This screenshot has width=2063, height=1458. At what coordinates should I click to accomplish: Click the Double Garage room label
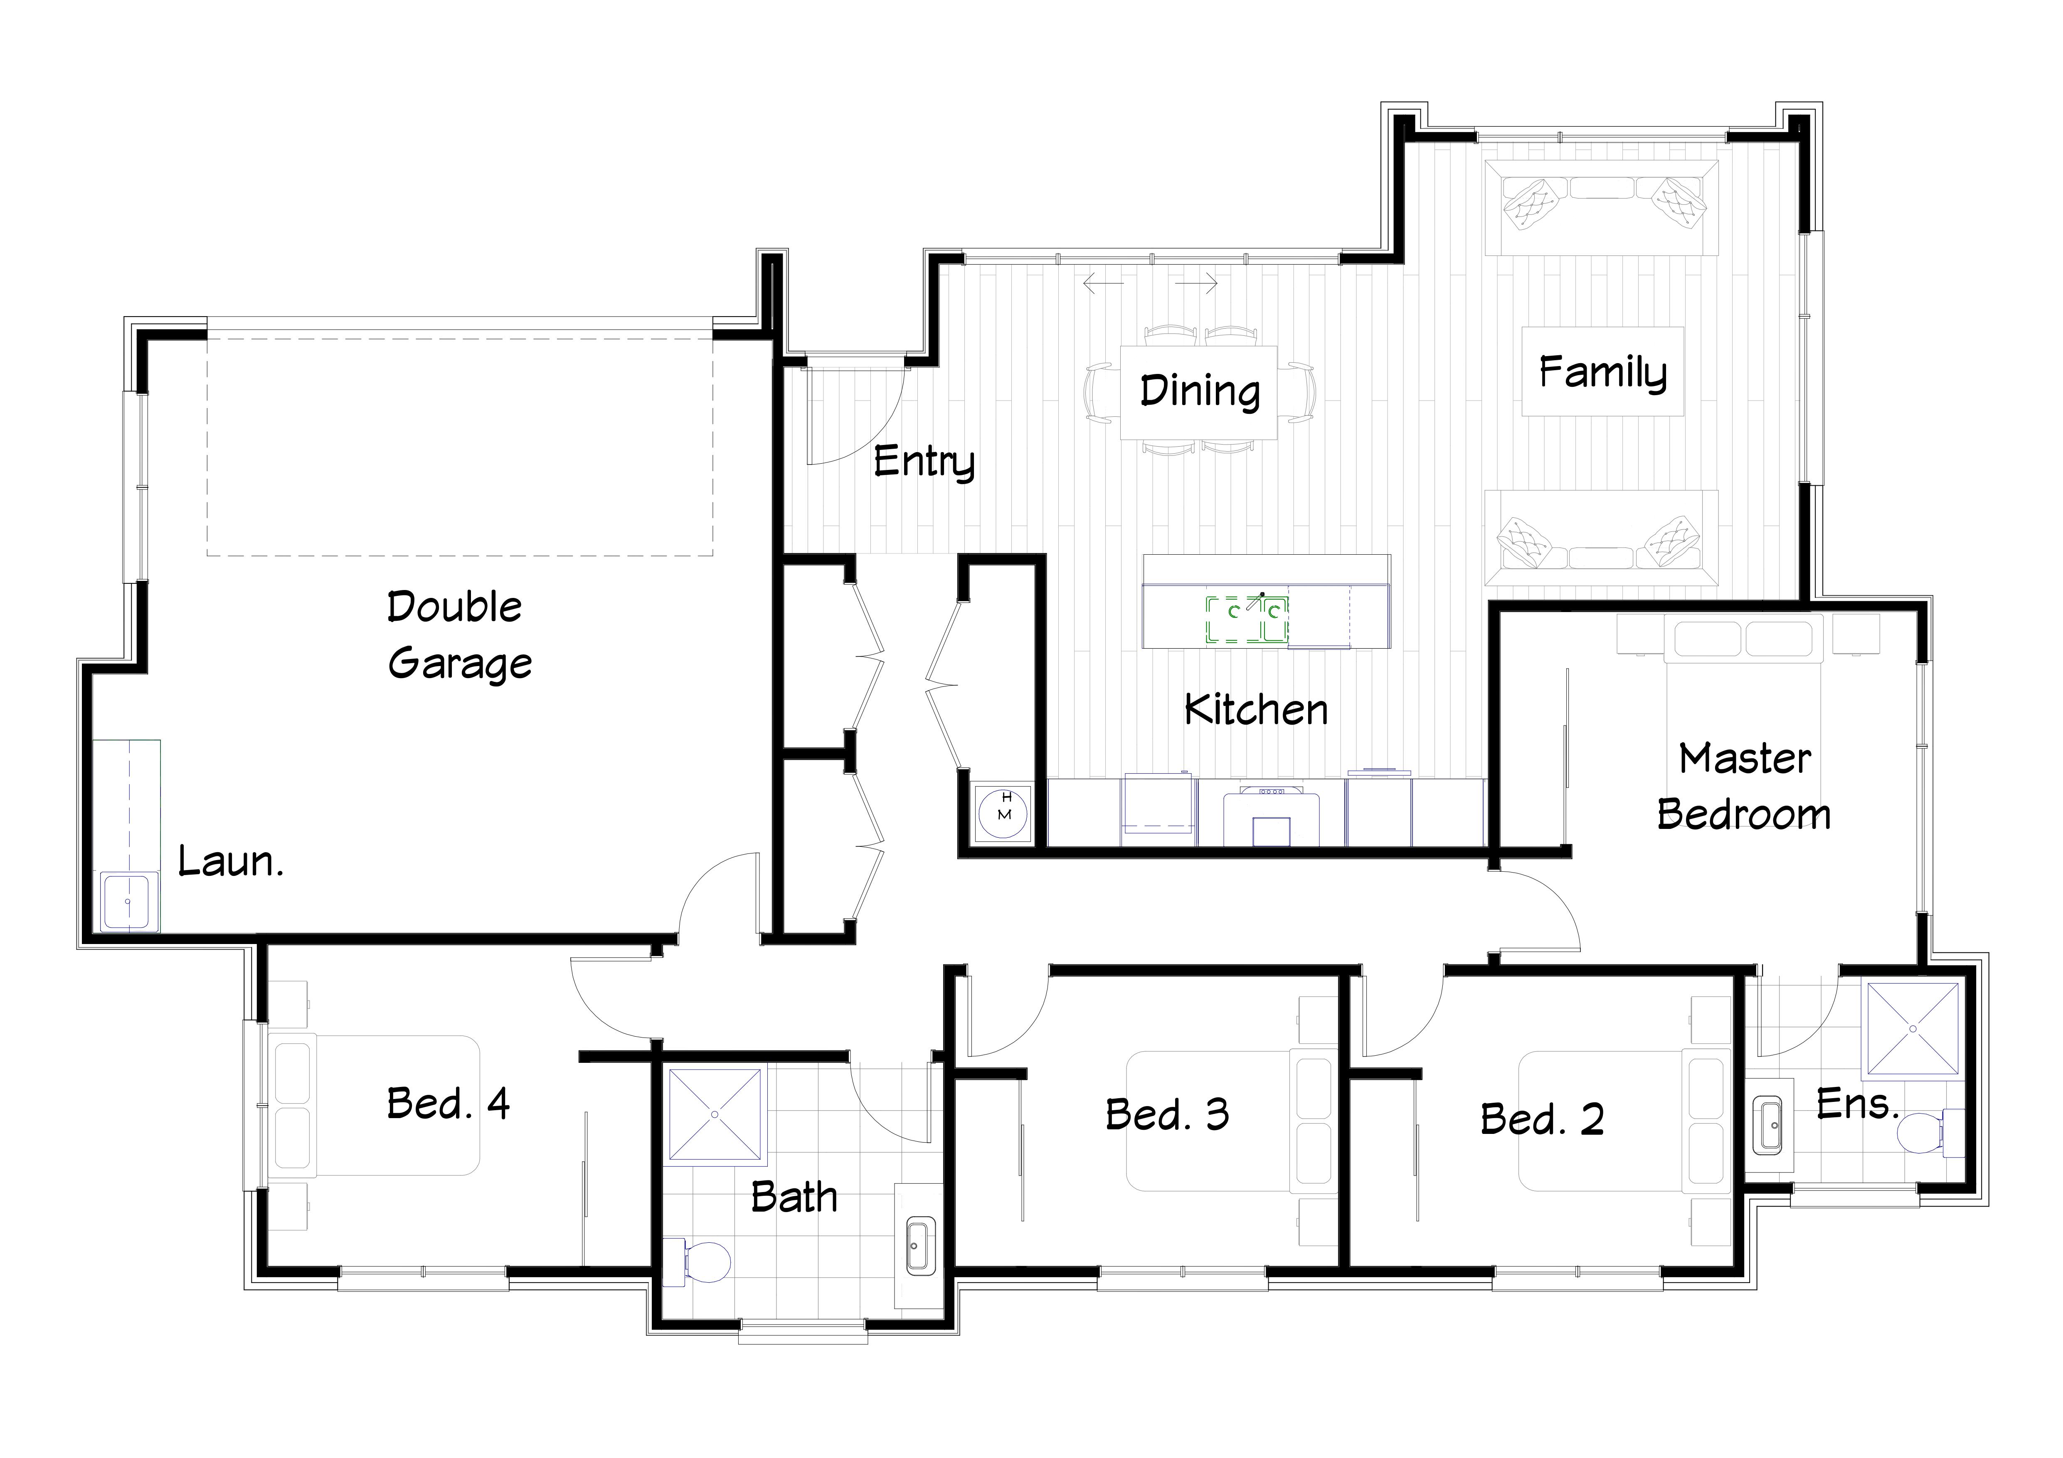[x=459, y=635]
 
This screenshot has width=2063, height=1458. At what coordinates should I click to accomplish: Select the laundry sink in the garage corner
[x=128, y=900]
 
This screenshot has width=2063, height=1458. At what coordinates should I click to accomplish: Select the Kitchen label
[x=1256, y=710]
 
